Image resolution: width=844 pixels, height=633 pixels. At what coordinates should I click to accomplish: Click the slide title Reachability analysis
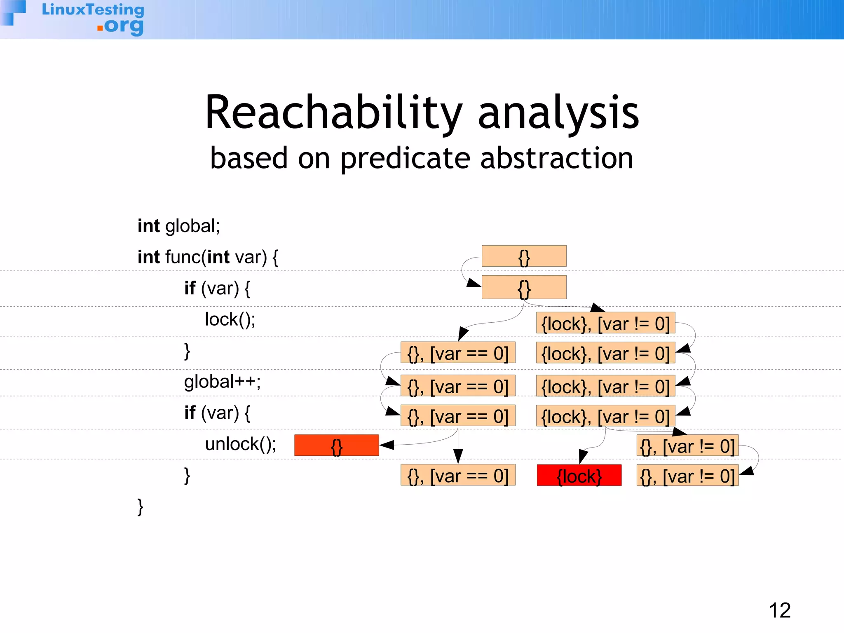pyautogui.click(x=422, y=113)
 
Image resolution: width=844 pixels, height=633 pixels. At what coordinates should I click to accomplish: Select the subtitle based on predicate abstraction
pyautogui.click(x=422, y=158)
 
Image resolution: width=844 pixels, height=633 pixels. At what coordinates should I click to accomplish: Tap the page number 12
pyautogui.click(x=780, y=610)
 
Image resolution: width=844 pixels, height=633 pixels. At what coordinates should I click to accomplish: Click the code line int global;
pyautogui.click(x=178, y=226)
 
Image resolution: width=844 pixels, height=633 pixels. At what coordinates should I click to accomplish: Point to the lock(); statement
pyautogui.click(x=230, y=319)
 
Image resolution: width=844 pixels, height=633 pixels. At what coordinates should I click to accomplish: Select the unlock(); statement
pyautogui.click(x=240, y=444)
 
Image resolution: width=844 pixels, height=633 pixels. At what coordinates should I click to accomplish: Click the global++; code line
pyautogui.click(x=222, y=382)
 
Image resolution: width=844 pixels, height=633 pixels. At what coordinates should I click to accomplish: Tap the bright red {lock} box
pyautogui.click(x=579, y=476)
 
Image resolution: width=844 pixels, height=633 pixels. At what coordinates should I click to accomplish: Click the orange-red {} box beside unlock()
pyautogui.click(x=336, y=445)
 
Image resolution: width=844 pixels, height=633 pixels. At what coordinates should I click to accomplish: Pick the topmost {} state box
pyautogui.click(x=524, y=256)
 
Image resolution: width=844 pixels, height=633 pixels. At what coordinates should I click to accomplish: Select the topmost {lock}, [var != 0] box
pyautogui.click(x=605, y=323)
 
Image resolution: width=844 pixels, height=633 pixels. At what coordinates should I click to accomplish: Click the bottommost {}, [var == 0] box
pyautogui.click(x=458, y=476)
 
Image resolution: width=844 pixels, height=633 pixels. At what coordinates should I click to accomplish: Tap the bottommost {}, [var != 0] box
pyautogui.click(x=687, y=476)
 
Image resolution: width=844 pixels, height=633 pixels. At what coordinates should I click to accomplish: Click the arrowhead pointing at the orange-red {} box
pyautogui.click(x=386, y=445)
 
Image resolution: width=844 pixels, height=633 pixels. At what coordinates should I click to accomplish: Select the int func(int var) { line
pyautogui.click(x=208, y=257)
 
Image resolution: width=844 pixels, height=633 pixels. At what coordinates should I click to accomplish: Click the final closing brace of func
pyautogui.click(x=140, y=506)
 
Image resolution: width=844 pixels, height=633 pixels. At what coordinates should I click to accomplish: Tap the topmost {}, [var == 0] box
pyautogui.click(x=458, y=353)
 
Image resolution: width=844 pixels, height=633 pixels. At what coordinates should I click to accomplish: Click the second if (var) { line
pyautogui.click(x=217, y=413)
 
